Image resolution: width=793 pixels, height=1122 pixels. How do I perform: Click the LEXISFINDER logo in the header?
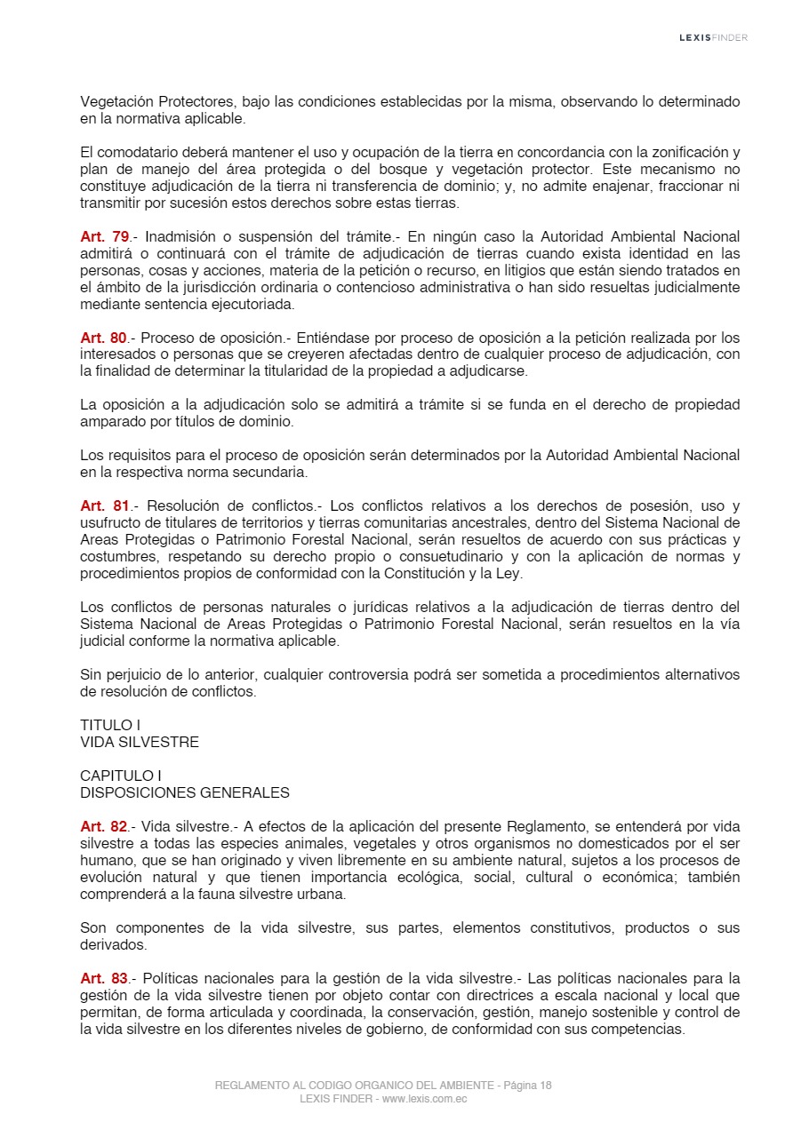(x=713, y=37)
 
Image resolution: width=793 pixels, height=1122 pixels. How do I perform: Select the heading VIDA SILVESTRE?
(x=140, y=742)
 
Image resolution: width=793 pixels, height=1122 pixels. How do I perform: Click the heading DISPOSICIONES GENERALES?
(x=185, y=792)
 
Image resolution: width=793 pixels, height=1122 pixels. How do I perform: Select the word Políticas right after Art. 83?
(x=172, y=979)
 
